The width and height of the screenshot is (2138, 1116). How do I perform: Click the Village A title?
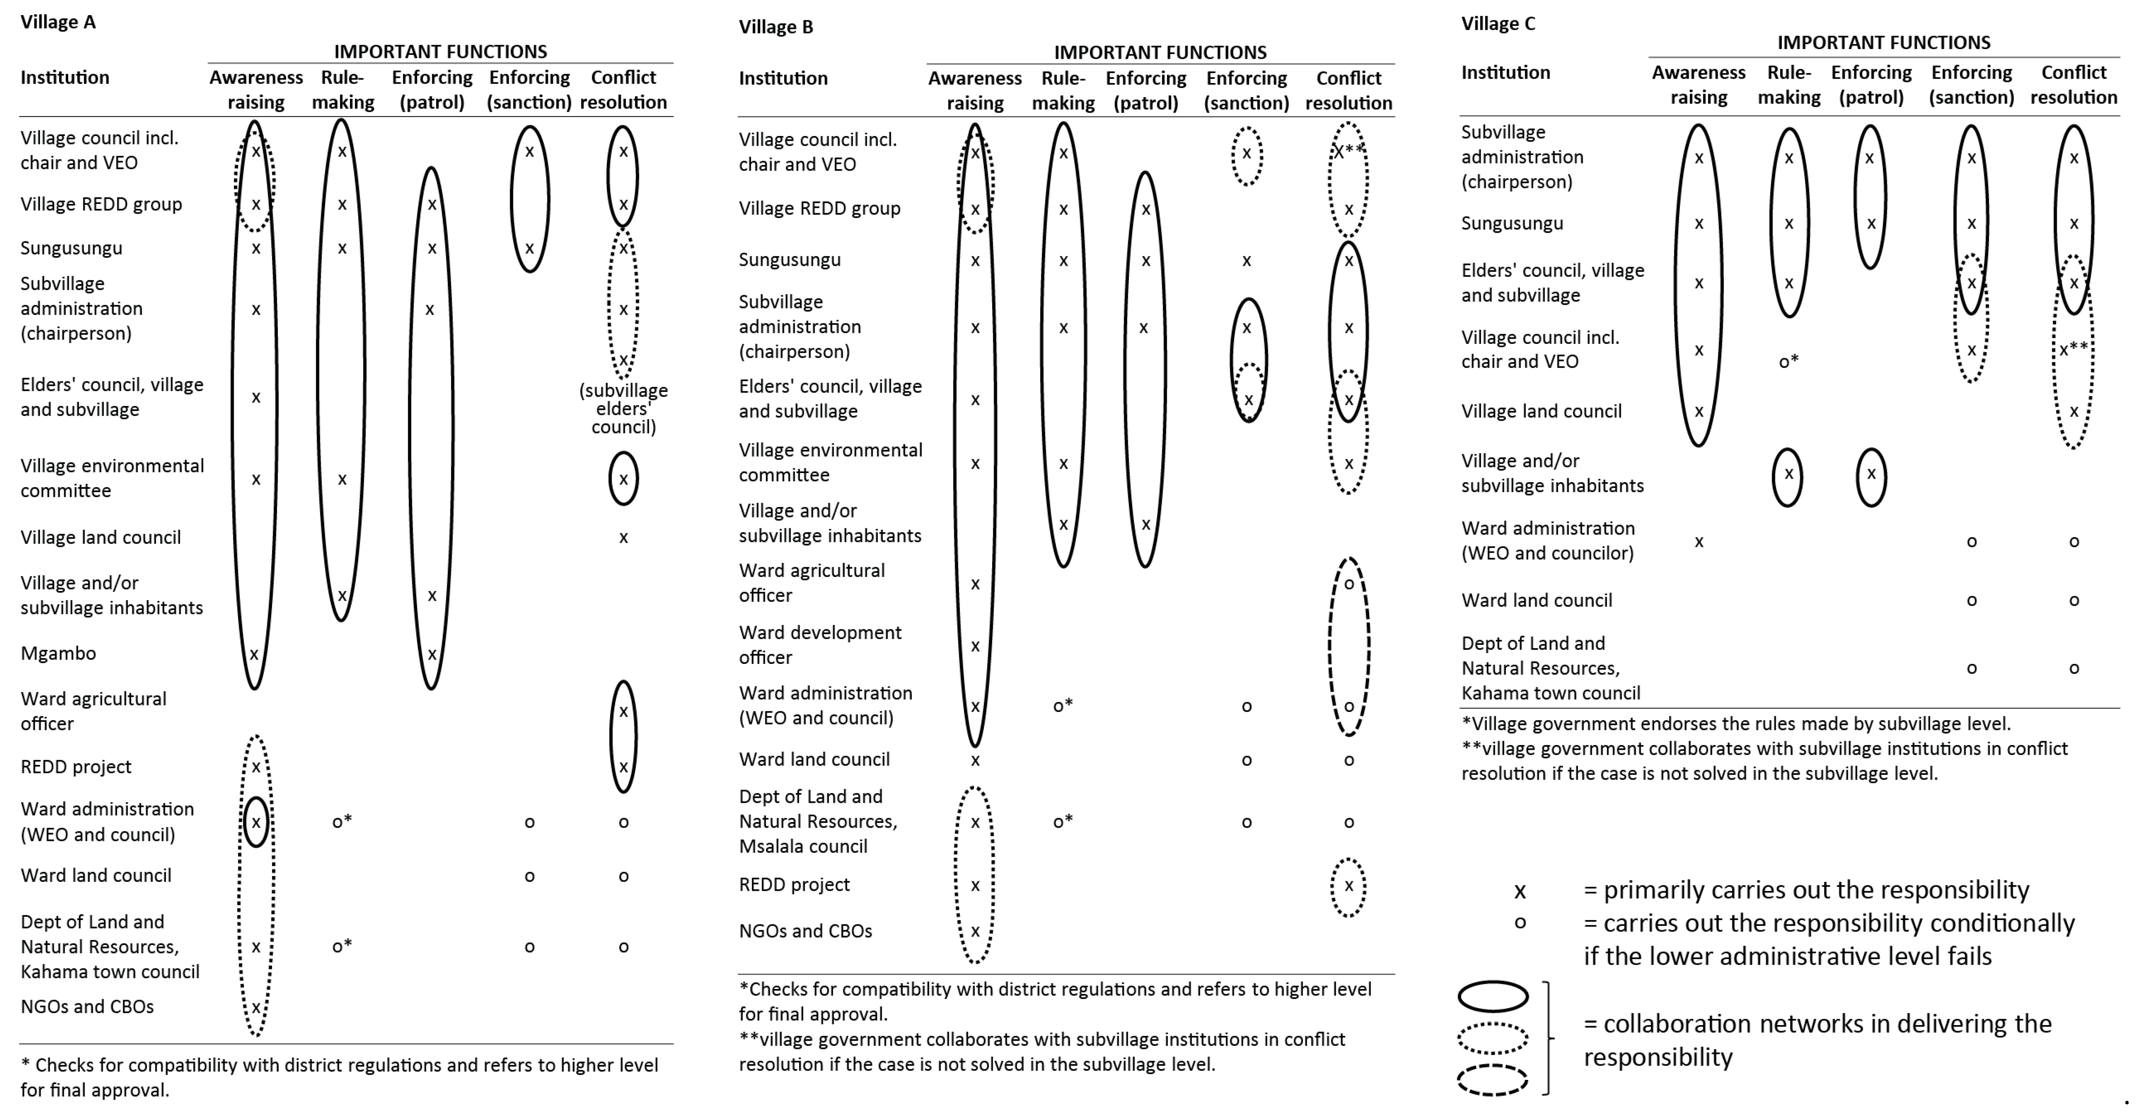pyautogui.click(x=58, y=22)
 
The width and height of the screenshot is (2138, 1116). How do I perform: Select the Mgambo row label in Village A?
pyautogui.click(x=58, y=653)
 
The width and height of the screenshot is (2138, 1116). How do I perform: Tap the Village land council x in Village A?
pyautogui.click(x=623, y=538)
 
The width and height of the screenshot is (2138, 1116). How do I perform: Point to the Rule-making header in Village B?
pyautogui.click(x=1063, y=91)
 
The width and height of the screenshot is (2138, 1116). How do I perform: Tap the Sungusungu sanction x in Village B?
pyautogui.click(x=1247, y=261)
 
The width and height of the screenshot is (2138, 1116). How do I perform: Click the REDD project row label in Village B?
pyautogui.click(x=794, y=884)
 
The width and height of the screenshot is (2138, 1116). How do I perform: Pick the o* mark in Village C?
pyautogui.click(x=1789, y=361)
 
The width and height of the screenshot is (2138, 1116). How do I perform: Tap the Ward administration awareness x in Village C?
pyautogui.click(x=1699, y=542)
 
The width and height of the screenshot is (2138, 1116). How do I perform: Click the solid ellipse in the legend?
pyautogui.click(x=1493, y=997)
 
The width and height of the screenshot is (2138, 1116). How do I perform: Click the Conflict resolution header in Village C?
pyautogui.click(x=2073, y=85)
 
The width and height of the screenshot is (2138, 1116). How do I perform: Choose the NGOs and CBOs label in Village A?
pyautogui.click(x=87, y=1006)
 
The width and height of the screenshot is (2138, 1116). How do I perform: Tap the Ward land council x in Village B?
pyautogui.click(x=975, y=760)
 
